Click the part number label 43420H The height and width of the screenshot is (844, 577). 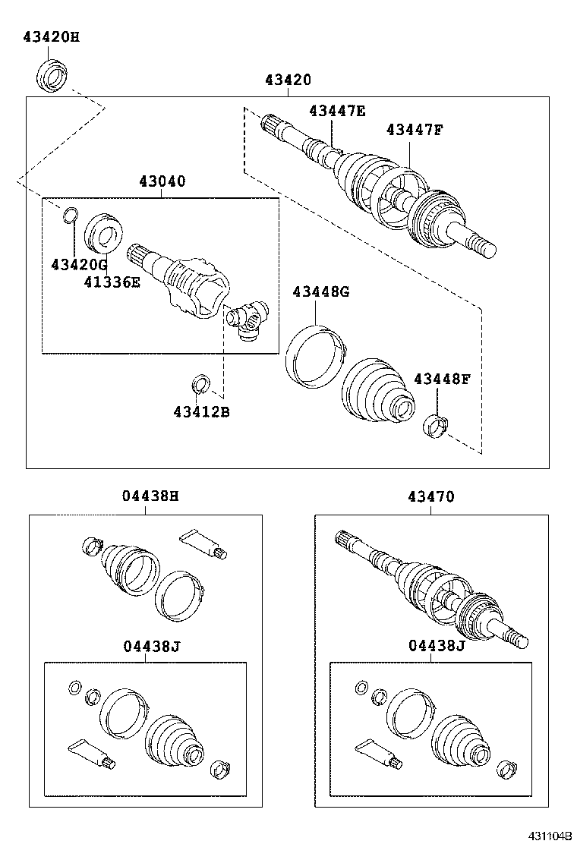point(51,36)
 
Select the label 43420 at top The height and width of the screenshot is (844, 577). point(288,80)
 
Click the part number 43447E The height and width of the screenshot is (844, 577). point(337,111)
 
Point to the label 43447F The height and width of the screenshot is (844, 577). point(414,130)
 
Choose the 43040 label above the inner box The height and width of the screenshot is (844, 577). point(162,181)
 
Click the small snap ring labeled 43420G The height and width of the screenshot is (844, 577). point(69,216)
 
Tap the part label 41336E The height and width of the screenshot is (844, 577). point(112,282)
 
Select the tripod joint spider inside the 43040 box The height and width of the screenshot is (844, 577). point(248,319)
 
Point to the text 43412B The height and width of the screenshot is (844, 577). point(201,412)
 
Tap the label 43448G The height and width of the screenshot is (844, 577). point(321,291)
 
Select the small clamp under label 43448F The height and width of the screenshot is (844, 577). point(436,425)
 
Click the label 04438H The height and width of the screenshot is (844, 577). point(150,496)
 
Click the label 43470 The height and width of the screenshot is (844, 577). point(430,496)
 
